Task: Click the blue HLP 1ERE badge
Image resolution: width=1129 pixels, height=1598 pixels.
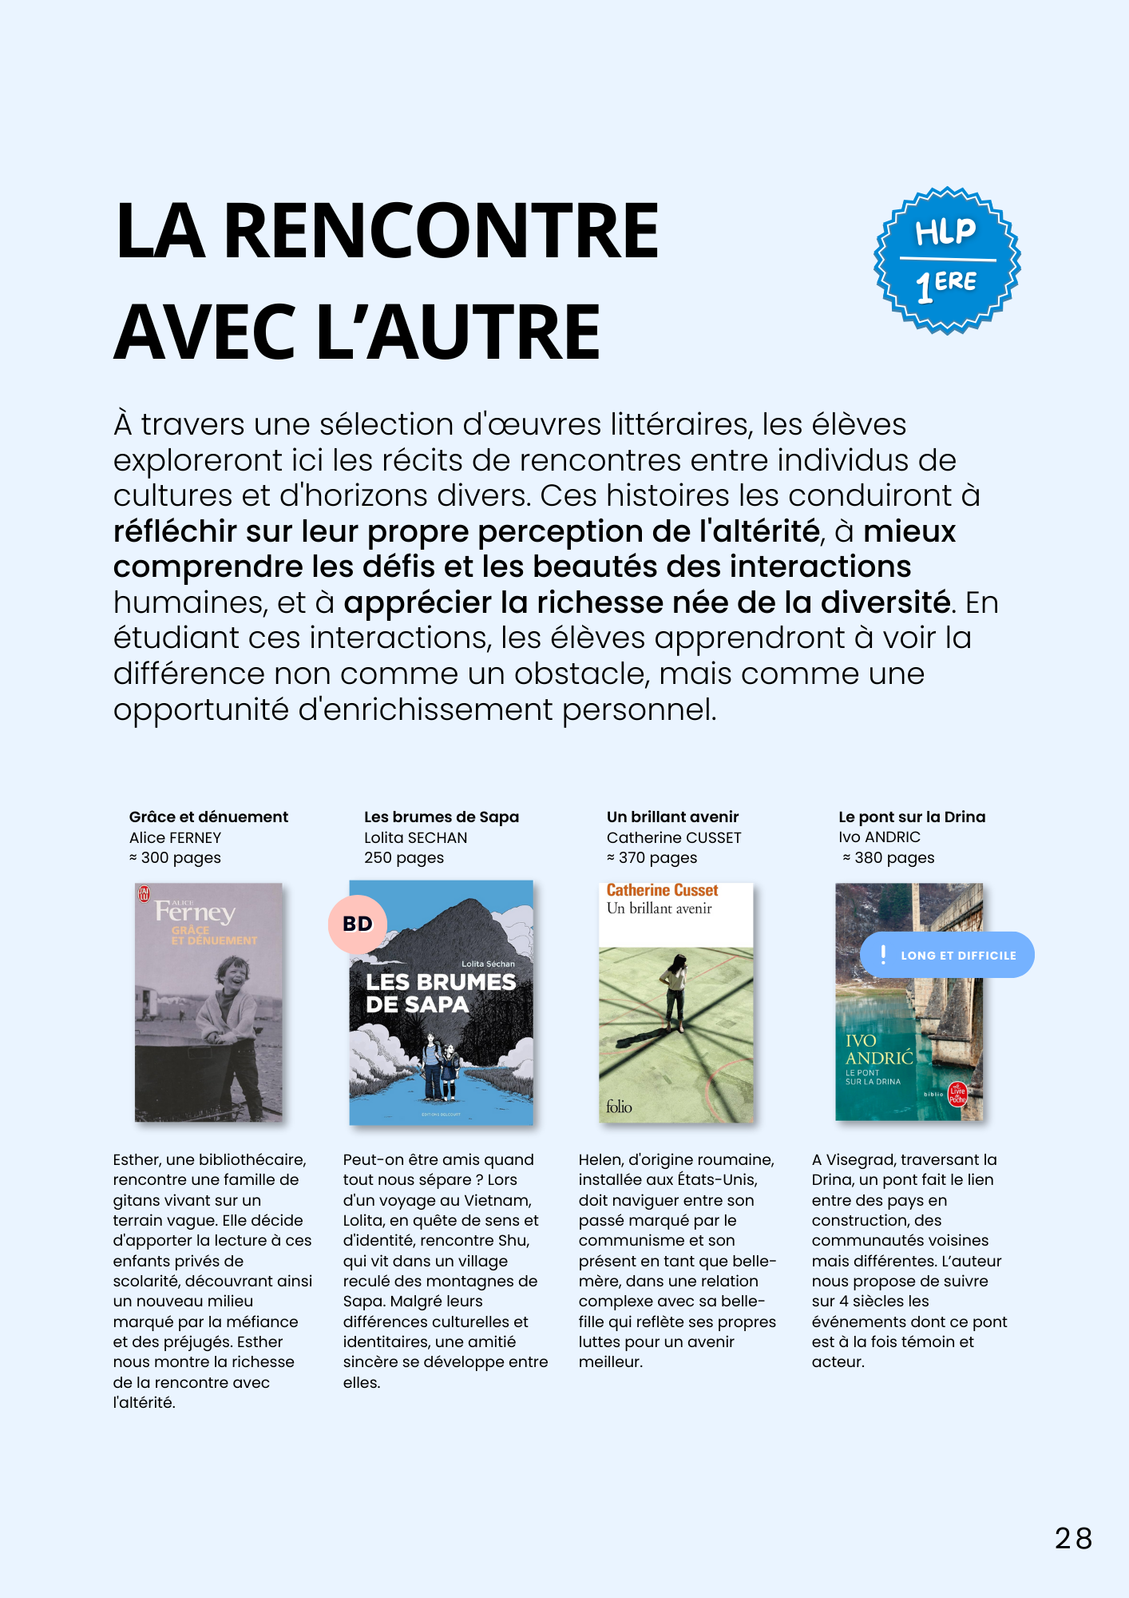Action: pos(947,260)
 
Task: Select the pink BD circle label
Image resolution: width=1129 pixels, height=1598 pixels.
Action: pos(358,924)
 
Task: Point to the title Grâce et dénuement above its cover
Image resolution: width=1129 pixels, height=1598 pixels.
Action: pos(208,817)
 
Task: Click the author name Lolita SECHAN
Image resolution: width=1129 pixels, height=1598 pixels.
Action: pos(415,837)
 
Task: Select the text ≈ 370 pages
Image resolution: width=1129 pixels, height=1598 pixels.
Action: pos(652,857)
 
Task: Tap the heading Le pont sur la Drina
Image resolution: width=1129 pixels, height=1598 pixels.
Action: pos(912,817)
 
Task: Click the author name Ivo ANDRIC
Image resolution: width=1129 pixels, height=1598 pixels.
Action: pos(879,837)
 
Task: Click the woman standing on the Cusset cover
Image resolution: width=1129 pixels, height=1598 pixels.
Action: pos(675,991)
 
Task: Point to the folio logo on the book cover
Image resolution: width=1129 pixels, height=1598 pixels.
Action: pos(619,1107)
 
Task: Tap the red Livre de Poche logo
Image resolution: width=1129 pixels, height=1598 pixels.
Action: pos(957,1094)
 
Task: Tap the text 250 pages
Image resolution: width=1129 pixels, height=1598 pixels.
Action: pos(404,857)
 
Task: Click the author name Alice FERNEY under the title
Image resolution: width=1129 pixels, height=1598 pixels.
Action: pos(175,837)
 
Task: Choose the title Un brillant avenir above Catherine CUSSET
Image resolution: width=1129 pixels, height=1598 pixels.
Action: pos(672,817)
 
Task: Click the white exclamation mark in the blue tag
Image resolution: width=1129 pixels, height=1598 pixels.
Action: pos(883,954)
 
